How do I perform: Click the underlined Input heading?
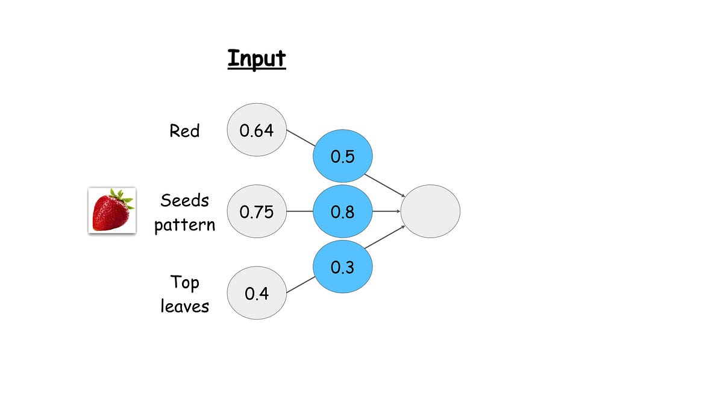(257, 59)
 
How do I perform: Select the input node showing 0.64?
(257, 130)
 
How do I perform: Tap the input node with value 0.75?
(257, 211)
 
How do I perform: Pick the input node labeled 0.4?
(257, 293)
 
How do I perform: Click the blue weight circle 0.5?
(343, 156)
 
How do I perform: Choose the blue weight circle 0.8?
(343, 211)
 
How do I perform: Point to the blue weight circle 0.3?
(343, 267)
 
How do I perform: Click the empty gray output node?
(430, 211)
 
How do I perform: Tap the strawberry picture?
(112, 210)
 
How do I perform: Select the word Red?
(184, 131)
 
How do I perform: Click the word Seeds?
(184, 200)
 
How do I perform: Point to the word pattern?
(184, 225)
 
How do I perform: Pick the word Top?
(184, 282)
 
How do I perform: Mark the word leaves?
(184, 306)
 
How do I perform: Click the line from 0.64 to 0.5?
(301, 138)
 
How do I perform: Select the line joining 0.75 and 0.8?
(299, 211)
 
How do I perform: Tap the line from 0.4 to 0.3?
(301, 285)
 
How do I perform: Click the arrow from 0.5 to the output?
(385, 186)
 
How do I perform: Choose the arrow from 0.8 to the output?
(386, 211)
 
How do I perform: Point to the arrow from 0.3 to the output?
(385, 237)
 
